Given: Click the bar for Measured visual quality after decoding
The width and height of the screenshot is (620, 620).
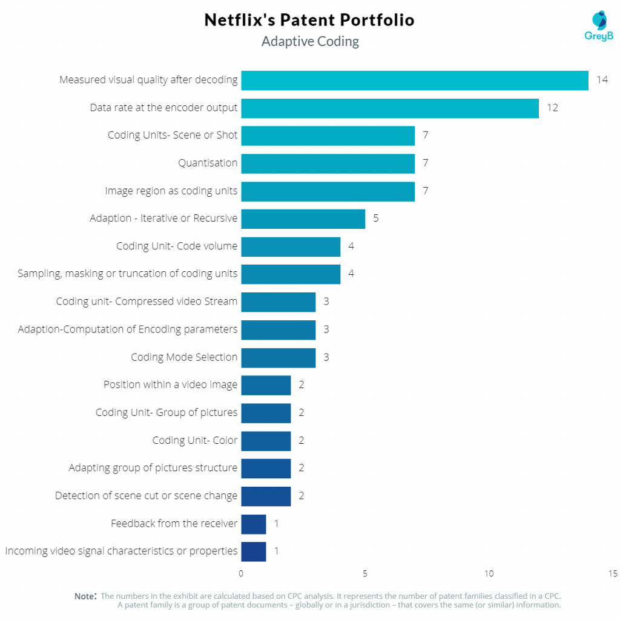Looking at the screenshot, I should pos(415,81).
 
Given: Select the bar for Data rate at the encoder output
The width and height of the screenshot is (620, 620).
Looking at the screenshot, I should pos(390,108).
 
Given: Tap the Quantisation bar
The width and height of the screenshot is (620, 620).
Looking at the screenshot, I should pos(328,163).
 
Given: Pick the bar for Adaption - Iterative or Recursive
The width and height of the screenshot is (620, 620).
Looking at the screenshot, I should pos(303,219).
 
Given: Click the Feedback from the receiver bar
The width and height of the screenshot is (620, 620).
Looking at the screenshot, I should pos(253,524).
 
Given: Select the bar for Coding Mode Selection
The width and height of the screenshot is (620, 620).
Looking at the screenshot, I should pos(278,357).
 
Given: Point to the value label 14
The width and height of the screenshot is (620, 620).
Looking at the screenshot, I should pos(602,81).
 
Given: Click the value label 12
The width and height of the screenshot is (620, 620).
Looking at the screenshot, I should pos(552,108).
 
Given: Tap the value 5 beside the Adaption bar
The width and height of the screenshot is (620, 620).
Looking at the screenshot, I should pos(375,219).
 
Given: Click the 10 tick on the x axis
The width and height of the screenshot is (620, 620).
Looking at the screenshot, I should pos(489,574).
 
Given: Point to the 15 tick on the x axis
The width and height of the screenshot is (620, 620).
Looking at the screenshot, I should pos(612,574).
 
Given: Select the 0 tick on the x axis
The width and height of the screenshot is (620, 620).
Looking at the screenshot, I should pos(241,574).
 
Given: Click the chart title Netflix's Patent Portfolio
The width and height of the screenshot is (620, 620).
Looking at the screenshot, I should pos(309,20).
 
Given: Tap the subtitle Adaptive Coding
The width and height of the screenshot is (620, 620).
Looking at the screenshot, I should pos(310,42).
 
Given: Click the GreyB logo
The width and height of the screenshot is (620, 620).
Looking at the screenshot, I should pos(599,26).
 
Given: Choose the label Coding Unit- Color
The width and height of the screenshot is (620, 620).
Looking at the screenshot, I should pos(195,440).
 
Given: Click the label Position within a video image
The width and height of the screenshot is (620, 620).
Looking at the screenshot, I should pos(170,385).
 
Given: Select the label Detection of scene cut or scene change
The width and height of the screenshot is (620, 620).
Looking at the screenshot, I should pos(146,496).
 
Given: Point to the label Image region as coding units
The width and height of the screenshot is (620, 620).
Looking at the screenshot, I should pos(171,191).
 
